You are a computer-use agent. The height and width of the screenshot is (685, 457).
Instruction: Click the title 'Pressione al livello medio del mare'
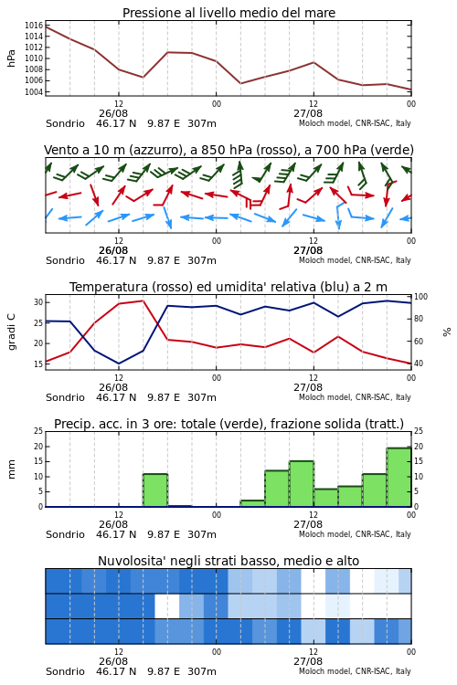click(x=228, y=13)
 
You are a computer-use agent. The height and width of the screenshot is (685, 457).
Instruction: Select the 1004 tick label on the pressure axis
click(x=34, y=91)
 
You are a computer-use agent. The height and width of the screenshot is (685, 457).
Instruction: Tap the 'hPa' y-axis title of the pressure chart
click(x=11, y=58)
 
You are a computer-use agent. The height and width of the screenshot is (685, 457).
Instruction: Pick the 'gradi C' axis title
click(x=11, y=332)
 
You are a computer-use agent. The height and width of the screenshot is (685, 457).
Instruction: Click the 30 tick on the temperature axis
click(x=38, y=302)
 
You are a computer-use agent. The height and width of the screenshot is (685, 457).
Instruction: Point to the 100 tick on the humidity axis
click(x=420, y=297)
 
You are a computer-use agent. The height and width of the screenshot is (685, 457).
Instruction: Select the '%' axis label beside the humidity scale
click(x=447, y=332)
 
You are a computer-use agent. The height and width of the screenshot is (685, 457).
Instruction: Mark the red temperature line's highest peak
click(x=143, y=300)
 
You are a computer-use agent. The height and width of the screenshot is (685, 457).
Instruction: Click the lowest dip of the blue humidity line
click(x=119, y=364)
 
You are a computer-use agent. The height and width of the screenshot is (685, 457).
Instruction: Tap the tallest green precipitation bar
click(x=399, y=477)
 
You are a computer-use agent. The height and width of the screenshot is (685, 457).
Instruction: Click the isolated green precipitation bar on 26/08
click(x=155, y=490)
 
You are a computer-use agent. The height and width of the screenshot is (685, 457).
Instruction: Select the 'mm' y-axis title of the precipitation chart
click(x=11, y=469)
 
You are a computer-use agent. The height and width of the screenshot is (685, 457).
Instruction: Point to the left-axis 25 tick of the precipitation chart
click(x=38, y=431)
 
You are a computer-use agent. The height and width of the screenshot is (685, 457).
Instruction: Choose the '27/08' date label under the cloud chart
click(x=308, y=661)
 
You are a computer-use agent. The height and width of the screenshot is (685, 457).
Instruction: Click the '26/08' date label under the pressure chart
click(x=113, y=113)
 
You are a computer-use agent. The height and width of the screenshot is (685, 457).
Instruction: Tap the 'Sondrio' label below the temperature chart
click(x=65, y=397)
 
